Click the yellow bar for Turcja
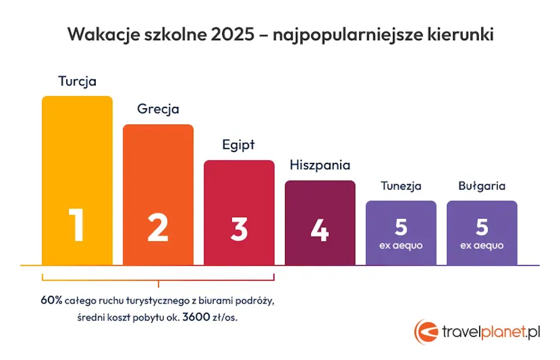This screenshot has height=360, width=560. coord(77,180)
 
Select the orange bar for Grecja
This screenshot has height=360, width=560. coord(158,195)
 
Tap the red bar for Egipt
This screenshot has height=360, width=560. coord(239,212)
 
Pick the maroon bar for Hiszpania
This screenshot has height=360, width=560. coord(320,223)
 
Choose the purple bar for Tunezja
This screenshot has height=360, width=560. coord(401,233)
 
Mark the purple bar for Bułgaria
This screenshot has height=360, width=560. coord(482,233)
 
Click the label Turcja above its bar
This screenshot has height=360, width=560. coord(77,82)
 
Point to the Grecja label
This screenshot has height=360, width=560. coord(158,109)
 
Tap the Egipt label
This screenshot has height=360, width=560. coord(238,145)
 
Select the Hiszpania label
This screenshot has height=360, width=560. coord(320,165)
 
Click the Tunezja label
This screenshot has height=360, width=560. coord(401,186)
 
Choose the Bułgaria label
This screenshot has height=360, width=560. coord(482,186)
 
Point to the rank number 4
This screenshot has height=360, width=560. coord(320,230)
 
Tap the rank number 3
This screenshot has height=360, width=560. coord(239,229)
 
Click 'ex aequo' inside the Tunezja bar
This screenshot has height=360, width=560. coord(401,246)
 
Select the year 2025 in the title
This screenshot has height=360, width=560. coord(232,34)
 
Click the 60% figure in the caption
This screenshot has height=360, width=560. coord(51,300)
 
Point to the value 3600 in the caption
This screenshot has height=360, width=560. coord(196,317)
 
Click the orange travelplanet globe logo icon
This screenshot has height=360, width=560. coord(426,332)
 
